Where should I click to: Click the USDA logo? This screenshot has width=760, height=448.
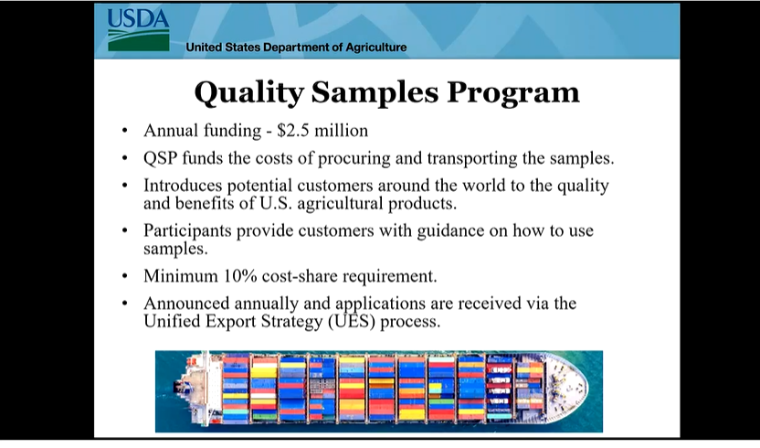point(138,30)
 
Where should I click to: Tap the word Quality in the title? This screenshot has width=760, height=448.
point(249,92)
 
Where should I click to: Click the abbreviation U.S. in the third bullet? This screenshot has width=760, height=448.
point(276,203)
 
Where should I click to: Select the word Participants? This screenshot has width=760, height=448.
point(187,230)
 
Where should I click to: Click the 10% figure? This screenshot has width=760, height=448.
point(240,276)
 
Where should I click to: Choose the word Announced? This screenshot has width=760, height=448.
point(186,303)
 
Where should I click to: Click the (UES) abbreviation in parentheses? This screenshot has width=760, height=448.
point(352,321)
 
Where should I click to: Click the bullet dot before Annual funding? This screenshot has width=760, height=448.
point(125,131)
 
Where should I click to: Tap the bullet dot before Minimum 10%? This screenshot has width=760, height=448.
point(125,276)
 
